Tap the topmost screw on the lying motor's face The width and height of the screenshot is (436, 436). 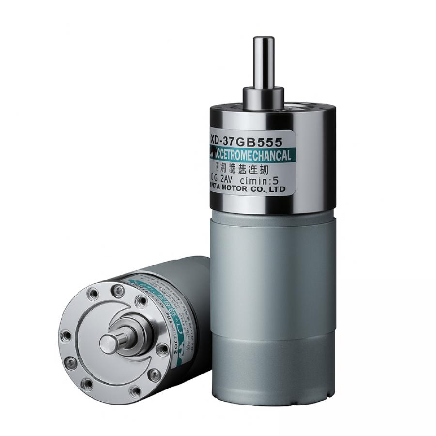click(x=117, y=290)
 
